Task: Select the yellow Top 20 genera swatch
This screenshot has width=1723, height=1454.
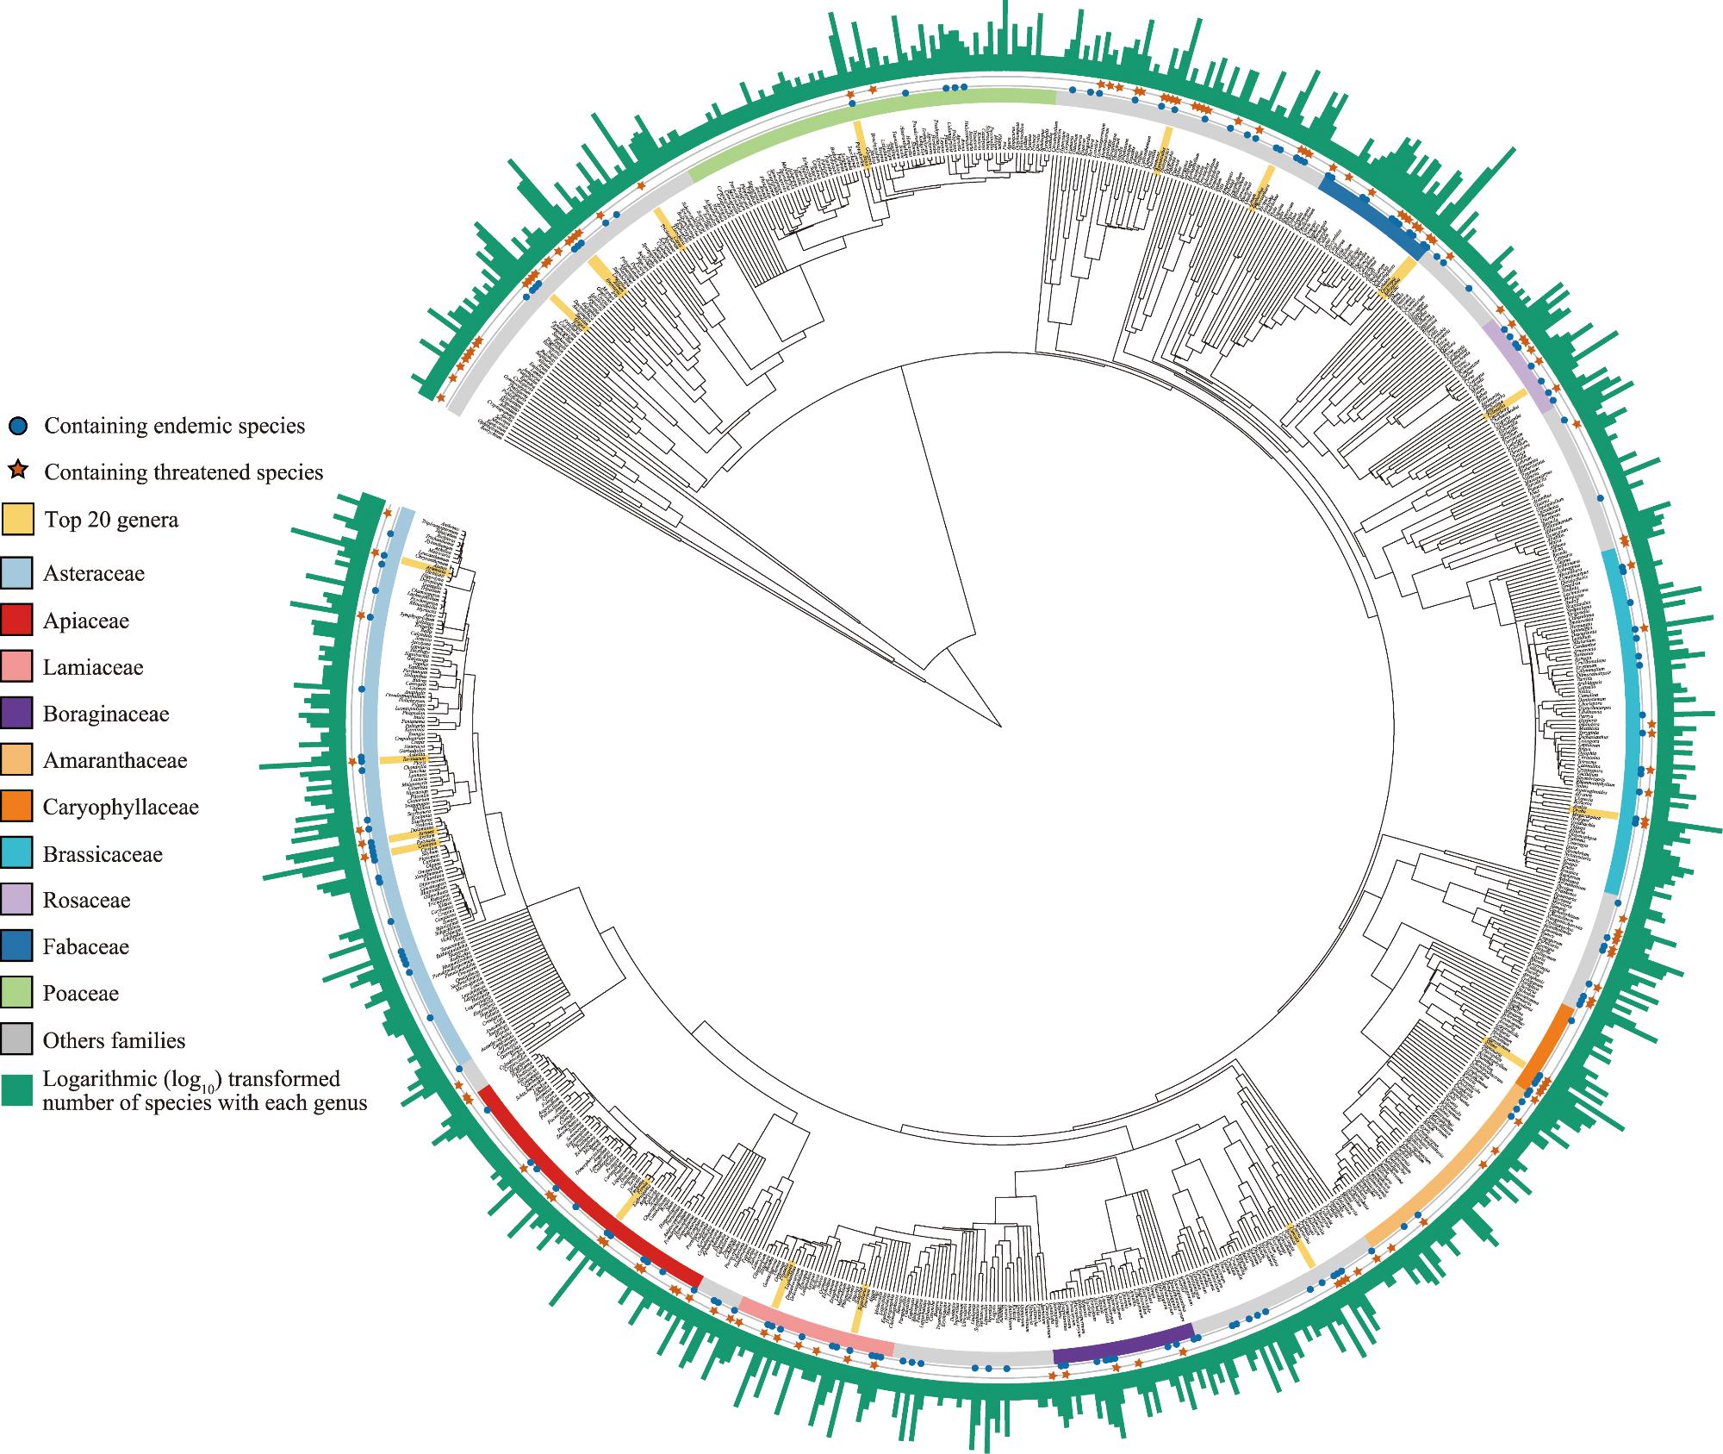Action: [17, 519]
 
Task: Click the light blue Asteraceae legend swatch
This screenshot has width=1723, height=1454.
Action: [17, 573]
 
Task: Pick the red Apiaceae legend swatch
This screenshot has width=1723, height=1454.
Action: [17, 621]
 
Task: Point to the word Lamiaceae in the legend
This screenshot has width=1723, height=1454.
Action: [93, 667]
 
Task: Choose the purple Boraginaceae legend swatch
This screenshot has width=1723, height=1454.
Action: [17, 714]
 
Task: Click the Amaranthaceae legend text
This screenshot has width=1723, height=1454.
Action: [115, 760]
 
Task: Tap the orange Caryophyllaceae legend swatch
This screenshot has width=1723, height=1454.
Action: [17, 807]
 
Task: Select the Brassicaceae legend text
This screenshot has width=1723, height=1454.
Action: [103, 854]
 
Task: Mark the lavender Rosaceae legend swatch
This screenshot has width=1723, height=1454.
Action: [17, 900]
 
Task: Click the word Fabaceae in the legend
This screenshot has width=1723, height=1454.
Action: [86, 946]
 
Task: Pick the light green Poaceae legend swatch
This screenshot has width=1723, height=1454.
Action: [17, 993]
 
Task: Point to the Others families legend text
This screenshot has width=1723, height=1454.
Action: [114, 1040]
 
